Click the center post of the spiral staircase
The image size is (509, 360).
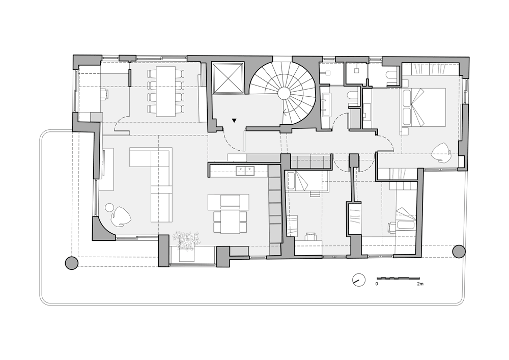click(x=284, y=94)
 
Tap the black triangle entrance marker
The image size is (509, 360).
click(x=234, y=121)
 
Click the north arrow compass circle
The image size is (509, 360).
click(x=358, y=280)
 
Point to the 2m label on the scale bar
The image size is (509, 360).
click(x=420, y=284)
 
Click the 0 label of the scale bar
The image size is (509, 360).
click(x=377, y=284)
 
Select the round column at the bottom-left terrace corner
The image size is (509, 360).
click(x=72, y=263)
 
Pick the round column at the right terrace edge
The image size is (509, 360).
click(x=459, y=251)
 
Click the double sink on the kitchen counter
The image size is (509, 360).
click(x=245, y=171)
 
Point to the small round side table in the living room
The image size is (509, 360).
click(x=109, y=207)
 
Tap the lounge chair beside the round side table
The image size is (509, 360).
click(x=121, y=216)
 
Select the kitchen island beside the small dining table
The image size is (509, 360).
click(x=229, y=202)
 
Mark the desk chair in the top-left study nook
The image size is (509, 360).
click(x=104, y=94)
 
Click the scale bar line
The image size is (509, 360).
click(x=398, y=278)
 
